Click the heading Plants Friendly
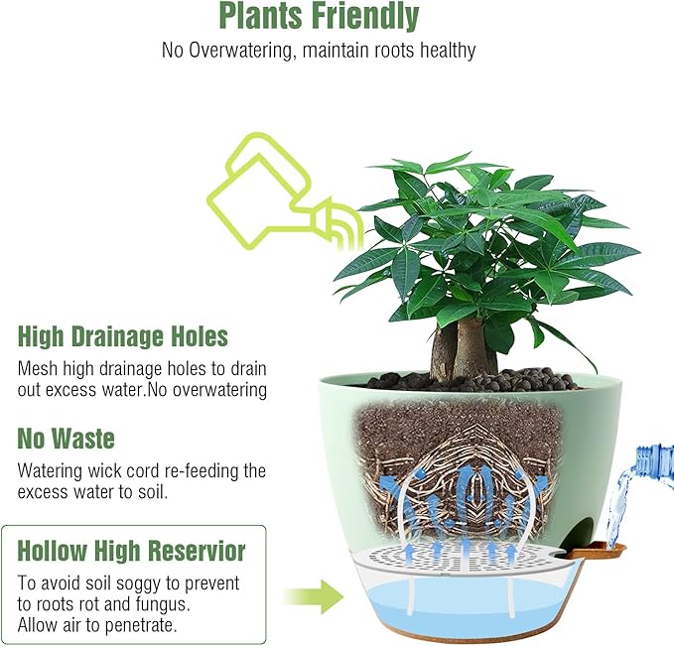point(319,17)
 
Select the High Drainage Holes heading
point(123,336)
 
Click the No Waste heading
point(66,438)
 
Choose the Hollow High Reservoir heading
point(131,551)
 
